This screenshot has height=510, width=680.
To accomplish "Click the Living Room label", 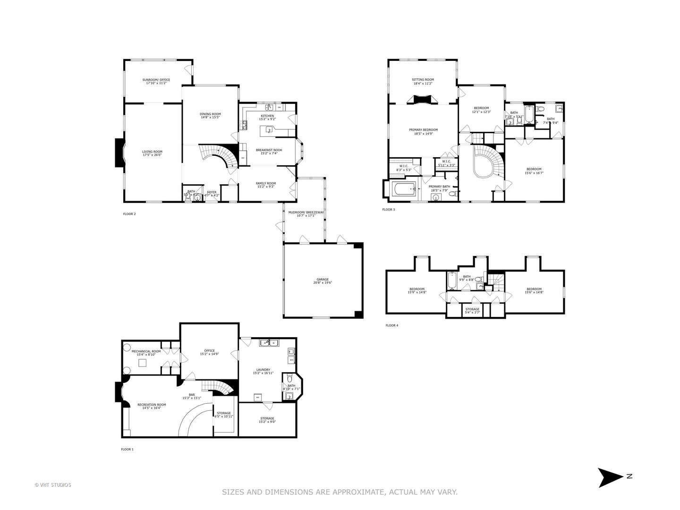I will point(152,152).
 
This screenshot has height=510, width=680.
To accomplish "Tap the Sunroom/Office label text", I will point(156,80).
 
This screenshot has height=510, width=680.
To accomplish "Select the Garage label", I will point(323,279).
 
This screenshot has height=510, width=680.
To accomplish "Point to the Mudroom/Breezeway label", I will point(306,212).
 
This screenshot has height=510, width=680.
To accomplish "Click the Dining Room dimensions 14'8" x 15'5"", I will point(210,118).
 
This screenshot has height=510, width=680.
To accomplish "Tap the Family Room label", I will point(266,183).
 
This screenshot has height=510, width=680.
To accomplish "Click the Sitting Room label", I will point(423,80).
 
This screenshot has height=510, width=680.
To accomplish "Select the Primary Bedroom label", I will point(423,130).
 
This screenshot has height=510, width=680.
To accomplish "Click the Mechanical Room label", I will point(146,351).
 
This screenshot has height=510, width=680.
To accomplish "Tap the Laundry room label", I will point(263,370).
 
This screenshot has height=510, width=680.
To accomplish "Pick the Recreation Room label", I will point(152,405).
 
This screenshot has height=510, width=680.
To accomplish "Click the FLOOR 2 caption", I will point(129,214).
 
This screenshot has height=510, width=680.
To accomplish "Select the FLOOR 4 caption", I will point(392,325).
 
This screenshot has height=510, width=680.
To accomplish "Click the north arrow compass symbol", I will point(610,477).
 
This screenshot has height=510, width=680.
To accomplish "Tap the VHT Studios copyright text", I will point(53,485).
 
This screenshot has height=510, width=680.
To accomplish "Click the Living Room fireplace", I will point(119,153).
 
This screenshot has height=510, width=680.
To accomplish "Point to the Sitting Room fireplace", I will point(423,99).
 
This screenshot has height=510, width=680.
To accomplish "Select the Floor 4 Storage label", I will point(472,309).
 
